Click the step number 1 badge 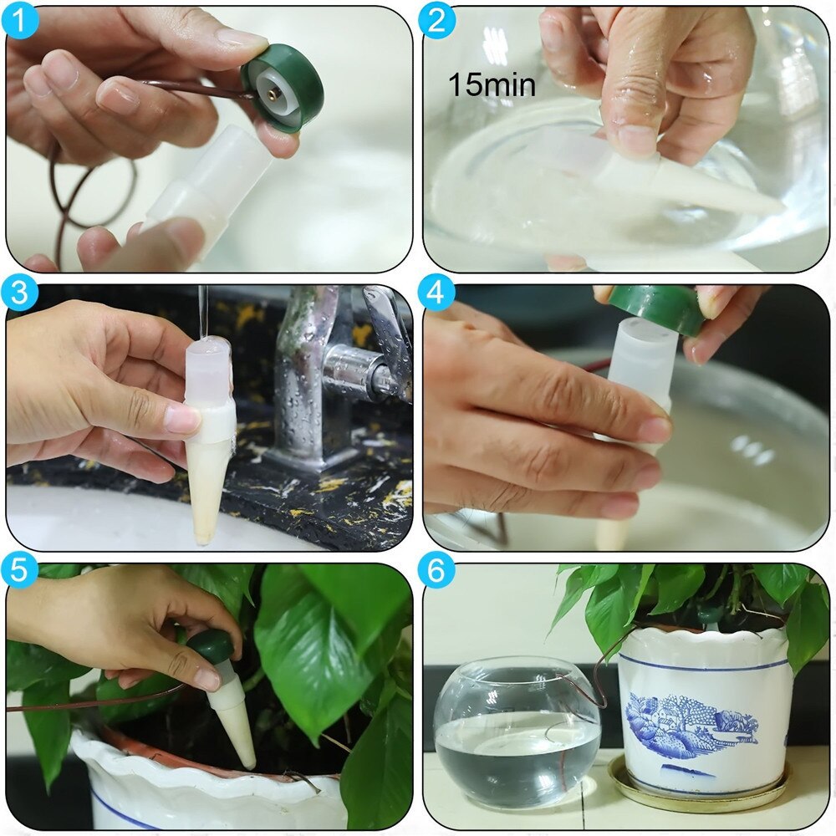21,21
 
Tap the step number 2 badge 436,21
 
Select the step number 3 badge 21,295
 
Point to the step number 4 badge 436,295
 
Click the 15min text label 492,84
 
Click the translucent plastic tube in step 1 209,188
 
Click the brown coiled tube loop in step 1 92,192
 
